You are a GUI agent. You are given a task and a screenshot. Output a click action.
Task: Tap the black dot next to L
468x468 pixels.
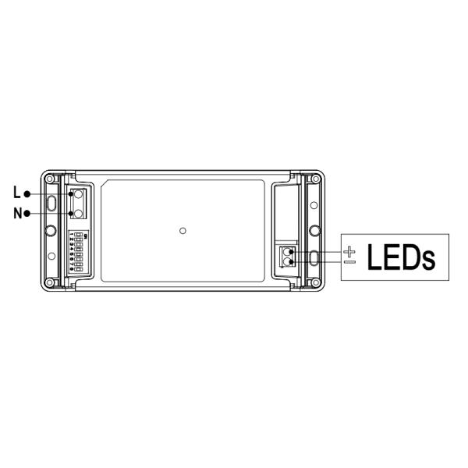(x=27, y=193)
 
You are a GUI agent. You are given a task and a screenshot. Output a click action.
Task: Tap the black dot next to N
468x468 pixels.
(x=27, y=213)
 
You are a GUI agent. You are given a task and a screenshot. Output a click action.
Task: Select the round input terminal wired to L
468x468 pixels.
(x=77, y=194)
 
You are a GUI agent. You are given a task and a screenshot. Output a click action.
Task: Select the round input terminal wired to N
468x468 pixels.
(x=77, y=211)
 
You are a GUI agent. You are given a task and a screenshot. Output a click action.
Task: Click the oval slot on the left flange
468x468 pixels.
(x=51, y=204)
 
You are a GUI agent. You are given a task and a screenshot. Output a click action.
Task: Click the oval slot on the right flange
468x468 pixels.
(x=314, y=257)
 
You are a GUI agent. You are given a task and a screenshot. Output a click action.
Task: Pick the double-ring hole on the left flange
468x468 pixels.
(x=51, y=231)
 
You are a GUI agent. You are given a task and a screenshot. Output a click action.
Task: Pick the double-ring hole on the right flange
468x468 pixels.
(x=314, y=231)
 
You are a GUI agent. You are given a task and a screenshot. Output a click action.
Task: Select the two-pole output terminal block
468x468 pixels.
(x=287, y=256)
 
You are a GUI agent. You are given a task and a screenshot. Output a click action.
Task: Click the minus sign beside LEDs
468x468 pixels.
(x=349, y=262)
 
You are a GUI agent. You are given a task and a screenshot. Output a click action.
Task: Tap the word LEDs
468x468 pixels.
(x=401, y=257)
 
